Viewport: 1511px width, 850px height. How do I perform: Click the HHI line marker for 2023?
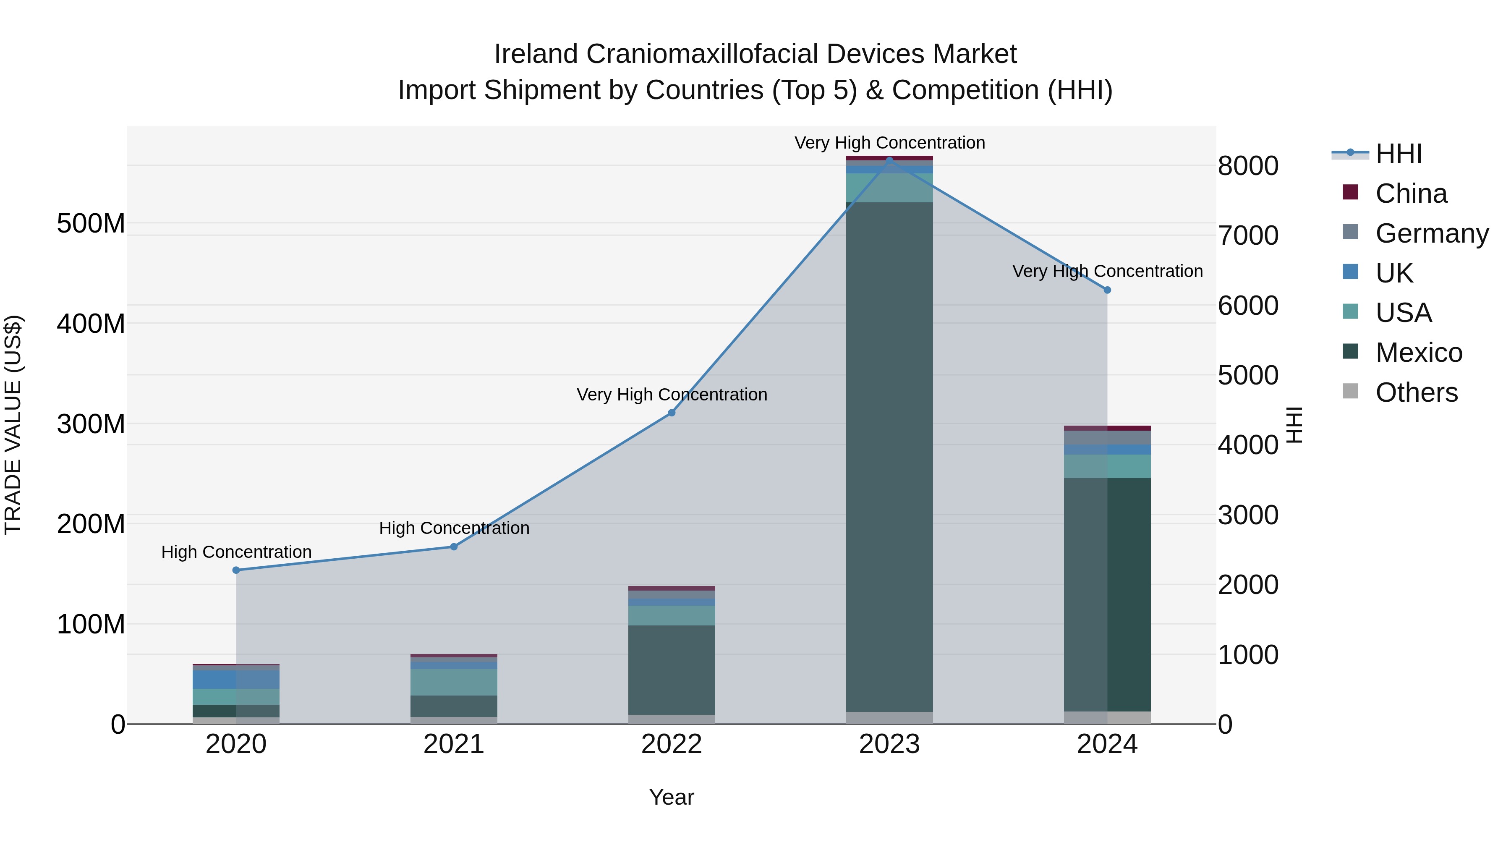(889, 160)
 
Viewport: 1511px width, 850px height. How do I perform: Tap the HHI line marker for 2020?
(236, 570)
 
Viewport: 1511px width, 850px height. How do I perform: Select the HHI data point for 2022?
(672, 413)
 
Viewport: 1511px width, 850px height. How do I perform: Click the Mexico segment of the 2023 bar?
(889, 458)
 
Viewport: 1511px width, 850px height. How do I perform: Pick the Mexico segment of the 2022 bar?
(672, 670)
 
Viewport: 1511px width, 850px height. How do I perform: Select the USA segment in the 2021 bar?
(454, 682)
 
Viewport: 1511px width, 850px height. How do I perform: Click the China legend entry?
(1411, 194)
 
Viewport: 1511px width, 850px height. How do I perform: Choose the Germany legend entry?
(1431, 233)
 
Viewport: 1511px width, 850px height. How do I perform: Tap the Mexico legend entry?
(1418, 353)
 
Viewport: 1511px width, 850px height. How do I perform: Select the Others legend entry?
(1416, 392)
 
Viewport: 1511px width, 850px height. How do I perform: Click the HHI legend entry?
(1399, 154)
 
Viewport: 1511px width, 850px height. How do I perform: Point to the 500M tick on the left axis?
(91, 223)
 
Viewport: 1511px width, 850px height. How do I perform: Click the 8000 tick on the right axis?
(1248, 166)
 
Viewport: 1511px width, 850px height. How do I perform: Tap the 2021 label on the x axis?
(454, 744)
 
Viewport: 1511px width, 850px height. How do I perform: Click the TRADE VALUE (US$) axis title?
(13, 425)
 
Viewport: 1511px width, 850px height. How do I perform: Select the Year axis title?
(672, 797)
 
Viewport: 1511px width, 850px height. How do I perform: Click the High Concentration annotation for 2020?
(236, 552)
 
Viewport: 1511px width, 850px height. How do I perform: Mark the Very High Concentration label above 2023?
(889, 143)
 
